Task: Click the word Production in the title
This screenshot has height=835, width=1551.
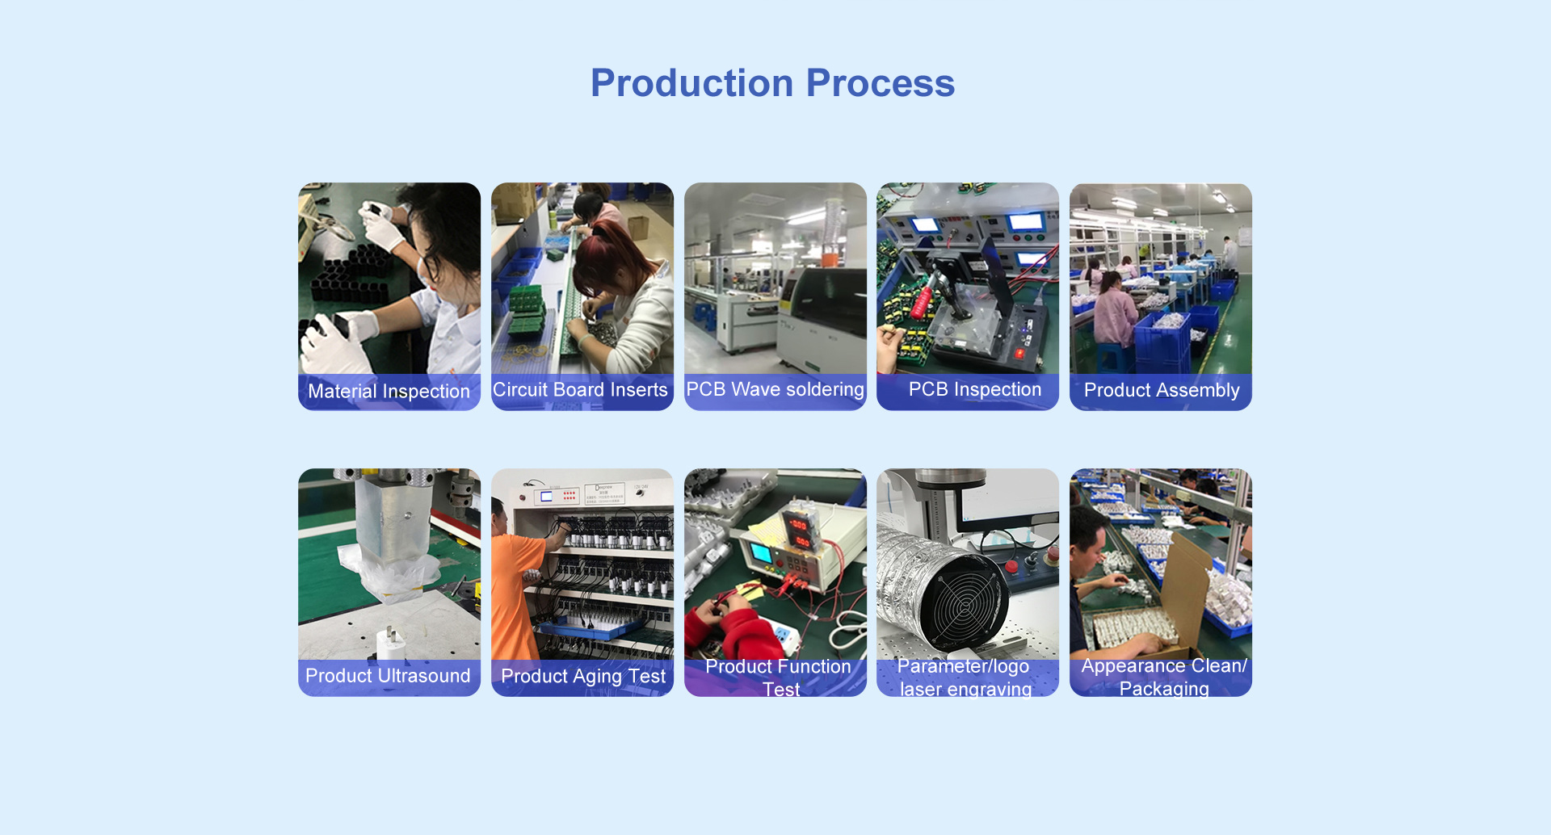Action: [x=692, y=83]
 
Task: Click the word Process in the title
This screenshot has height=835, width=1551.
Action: [x=881, y=83]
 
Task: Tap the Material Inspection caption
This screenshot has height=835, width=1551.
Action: [x=389, y=392]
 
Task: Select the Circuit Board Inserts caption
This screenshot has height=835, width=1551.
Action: [x=580, y=390]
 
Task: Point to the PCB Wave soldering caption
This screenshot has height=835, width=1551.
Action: [x=775, y=390]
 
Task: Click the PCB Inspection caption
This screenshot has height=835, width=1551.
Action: [x=975, y=389]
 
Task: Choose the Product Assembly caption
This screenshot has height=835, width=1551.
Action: [x=1162, y=390]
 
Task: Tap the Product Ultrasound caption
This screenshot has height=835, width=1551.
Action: [x=388, y=676]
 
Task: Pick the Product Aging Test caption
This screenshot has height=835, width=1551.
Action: [x=583, y=677]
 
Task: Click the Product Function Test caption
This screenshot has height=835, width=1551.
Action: [x=778, y=678]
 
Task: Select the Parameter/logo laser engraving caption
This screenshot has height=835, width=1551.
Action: [x=965, y=678]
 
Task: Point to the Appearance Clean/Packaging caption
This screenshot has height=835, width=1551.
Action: [x=1164, y=677]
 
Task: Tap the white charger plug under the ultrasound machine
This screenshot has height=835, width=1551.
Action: [x=392, y=644]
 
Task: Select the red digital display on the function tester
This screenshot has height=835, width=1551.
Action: [x=799, y=533]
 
